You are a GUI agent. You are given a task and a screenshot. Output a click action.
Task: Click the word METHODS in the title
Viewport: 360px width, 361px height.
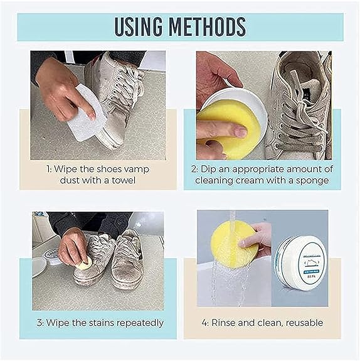click(211, 26)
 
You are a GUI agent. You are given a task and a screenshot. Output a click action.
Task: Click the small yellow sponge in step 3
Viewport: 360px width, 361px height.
click(84, 264)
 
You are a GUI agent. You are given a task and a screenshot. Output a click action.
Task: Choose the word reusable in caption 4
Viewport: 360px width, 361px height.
click(304, 323)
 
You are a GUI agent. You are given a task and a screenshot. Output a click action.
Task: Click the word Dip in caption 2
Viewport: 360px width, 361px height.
click(217, 169)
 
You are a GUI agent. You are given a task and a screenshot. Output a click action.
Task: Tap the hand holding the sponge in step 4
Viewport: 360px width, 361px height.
click(258, 237)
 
